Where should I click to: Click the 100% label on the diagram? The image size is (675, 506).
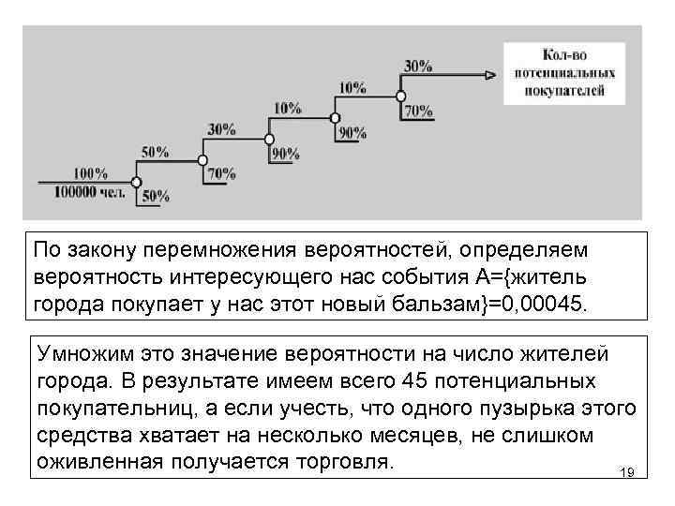coord(89,173)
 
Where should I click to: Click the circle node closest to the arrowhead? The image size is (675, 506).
coord(400,96)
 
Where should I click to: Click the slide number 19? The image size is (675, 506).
coord(627,473)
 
